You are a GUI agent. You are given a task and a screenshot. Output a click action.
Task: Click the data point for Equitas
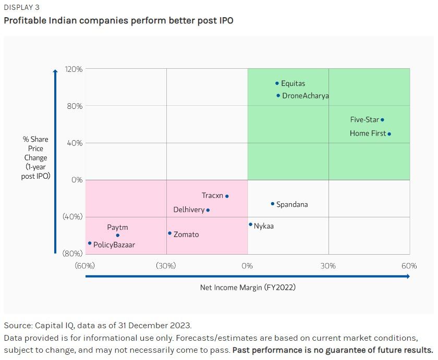tap(277, 83)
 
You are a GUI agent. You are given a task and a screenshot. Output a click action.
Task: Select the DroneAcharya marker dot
tap(278, 95)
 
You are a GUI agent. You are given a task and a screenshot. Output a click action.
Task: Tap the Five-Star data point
tap(382, 120)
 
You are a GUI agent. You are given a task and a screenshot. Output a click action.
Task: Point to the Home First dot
tap(389, 134)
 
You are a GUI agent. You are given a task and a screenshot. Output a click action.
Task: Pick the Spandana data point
tap(272, 204)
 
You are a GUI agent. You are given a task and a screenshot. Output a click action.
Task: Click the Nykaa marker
tap(250, 225)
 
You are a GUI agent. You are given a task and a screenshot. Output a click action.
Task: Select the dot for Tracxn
tap(227, 196)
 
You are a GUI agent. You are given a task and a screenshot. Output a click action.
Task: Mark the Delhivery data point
tap(208, 210)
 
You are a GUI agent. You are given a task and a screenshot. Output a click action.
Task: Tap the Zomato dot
tap(169, 233)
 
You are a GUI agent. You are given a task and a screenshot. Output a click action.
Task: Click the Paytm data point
tap(117, 235)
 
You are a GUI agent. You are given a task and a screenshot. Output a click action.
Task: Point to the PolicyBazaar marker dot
tap(90, 243)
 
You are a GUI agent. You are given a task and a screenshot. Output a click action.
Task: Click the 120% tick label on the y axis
tap(74, 69)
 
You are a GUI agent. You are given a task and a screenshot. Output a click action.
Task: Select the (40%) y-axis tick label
tap(72, 217)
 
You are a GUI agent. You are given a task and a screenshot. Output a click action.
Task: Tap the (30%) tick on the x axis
tap(166, 266)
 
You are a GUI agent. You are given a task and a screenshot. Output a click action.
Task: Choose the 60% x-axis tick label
tap(409, 266)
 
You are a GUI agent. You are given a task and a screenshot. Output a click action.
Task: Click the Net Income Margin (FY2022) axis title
tap(248, 287)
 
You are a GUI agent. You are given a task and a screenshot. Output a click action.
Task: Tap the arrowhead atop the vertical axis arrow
tap(55, 71)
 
